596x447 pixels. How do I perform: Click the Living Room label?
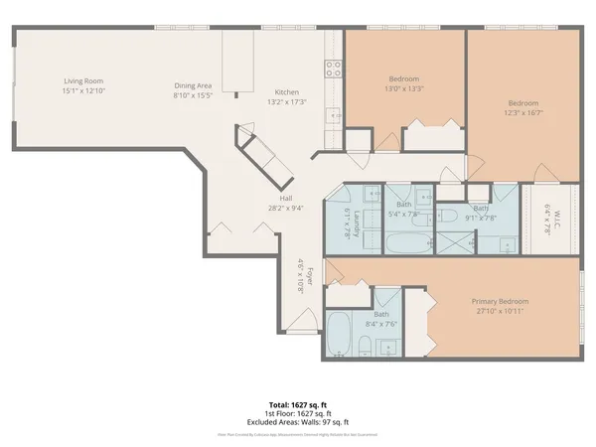tap(83, 80)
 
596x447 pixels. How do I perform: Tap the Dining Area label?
tap(193, 85)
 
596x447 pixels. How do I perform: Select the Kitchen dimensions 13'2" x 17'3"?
tap(284, 101)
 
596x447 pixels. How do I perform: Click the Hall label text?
tap(285, 199)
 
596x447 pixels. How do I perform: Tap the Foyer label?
tap(310, 277)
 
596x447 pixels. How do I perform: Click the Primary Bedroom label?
tap(501, 301)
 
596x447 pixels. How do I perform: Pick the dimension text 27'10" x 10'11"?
tap(501, 311)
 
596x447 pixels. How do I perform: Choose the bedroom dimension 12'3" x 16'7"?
tap(523, 112)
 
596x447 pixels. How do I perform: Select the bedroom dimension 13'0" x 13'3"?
tap(404, 87)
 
